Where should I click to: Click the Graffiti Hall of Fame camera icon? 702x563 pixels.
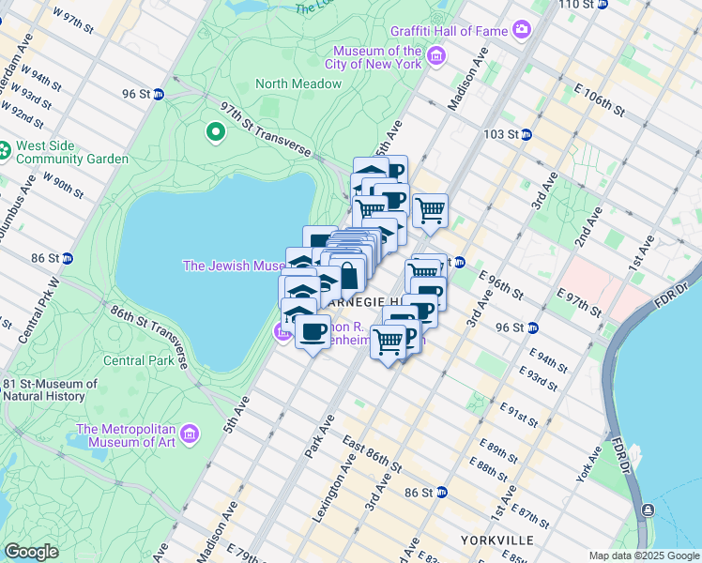coord(523,31)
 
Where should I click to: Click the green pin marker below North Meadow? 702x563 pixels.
coord(216,131)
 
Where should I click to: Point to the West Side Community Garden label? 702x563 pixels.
coord(71,153)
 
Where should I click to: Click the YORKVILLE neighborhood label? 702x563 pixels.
coord(497,540)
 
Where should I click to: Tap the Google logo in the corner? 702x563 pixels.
coord(31,552)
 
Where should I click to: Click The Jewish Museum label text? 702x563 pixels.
coord(234,266)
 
